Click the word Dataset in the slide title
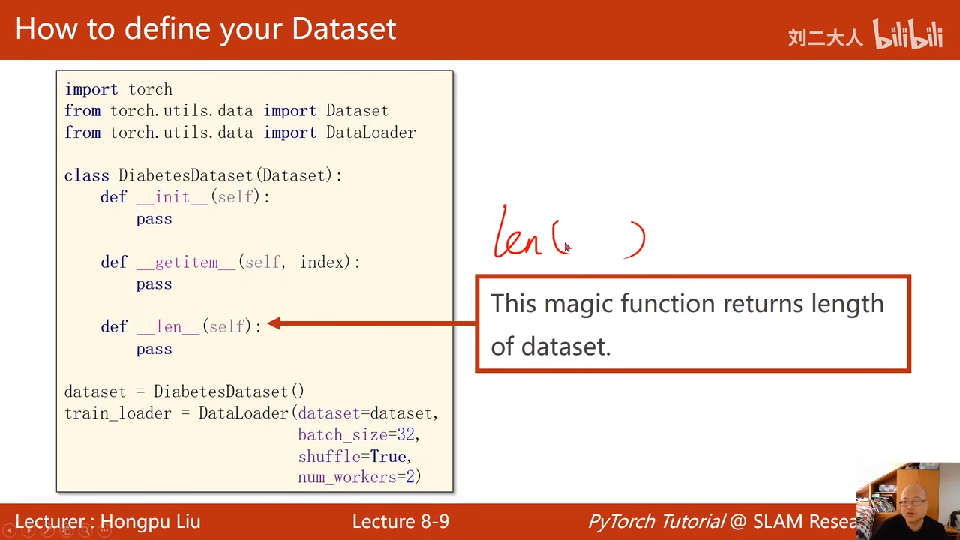(x=343, y=28)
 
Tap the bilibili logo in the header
(x=907, y=34)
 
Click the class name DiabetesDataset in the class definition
(x=185, y=175)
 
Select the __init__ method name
(x=172, y=197)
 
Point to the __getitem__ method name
(x=186, y=262)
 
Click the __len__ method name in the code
(x=168, y=326)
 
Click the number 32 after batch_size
(x=406, y=434)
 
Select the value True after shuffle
(x=388, y=457)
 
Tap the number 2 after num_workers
(x=410, y=477)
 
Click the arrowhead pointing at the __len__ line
(x=274, y=323)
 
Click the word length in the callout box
(x=847, y=304)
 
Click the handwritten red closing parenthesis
(x=636, y=240)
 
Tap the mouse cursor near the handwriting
(x=568, y=247)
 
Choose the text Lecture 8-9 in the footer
(x=400, y=521)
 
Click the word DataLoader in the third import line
(x=370, y=133)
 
